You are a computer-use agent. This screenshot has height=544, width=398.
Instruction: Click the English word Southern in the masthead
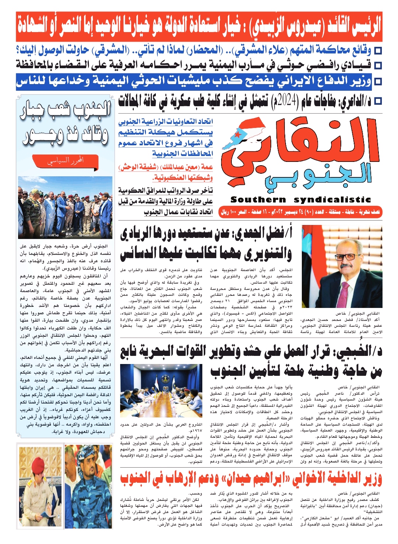tap(258, 200)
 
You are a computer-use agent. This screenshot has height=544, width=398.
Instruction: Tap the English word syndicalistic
tap(332, 200)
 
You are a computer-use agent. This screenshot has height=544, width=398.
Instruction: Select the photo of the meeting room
tap(161, 385)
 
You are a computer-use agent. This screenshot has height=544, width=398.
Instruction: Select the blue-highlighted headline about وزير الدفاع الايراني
tap(194, 81)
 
